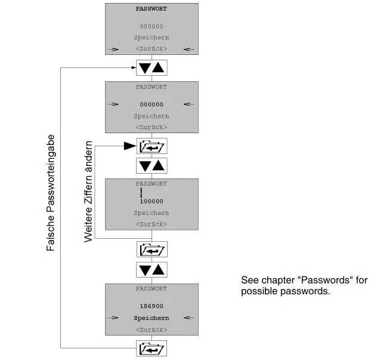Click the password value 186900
152,306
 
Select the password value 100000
152,201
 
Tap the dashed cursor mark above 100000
141,192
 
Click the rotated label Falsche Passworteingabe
51,193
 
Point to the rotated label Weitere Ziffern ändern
88,192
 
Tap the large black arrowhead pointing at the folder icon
130,146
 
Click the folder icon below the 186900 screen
152,349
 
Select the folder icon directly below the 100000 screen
152,250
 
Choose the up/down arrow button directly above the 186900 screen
152,270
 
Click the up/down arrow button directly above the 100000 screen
152,165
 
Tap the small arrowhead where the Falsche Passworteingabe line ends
134,67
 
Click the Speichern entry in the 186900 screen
152,318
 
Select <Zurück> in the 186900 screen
152,330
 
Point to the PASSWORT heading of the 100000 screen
152,183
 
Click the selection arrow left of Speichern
113,318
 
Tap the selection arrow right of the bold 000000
189,104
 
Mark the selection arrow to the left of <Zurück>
113,50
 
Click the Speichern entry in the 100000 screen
152,213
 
